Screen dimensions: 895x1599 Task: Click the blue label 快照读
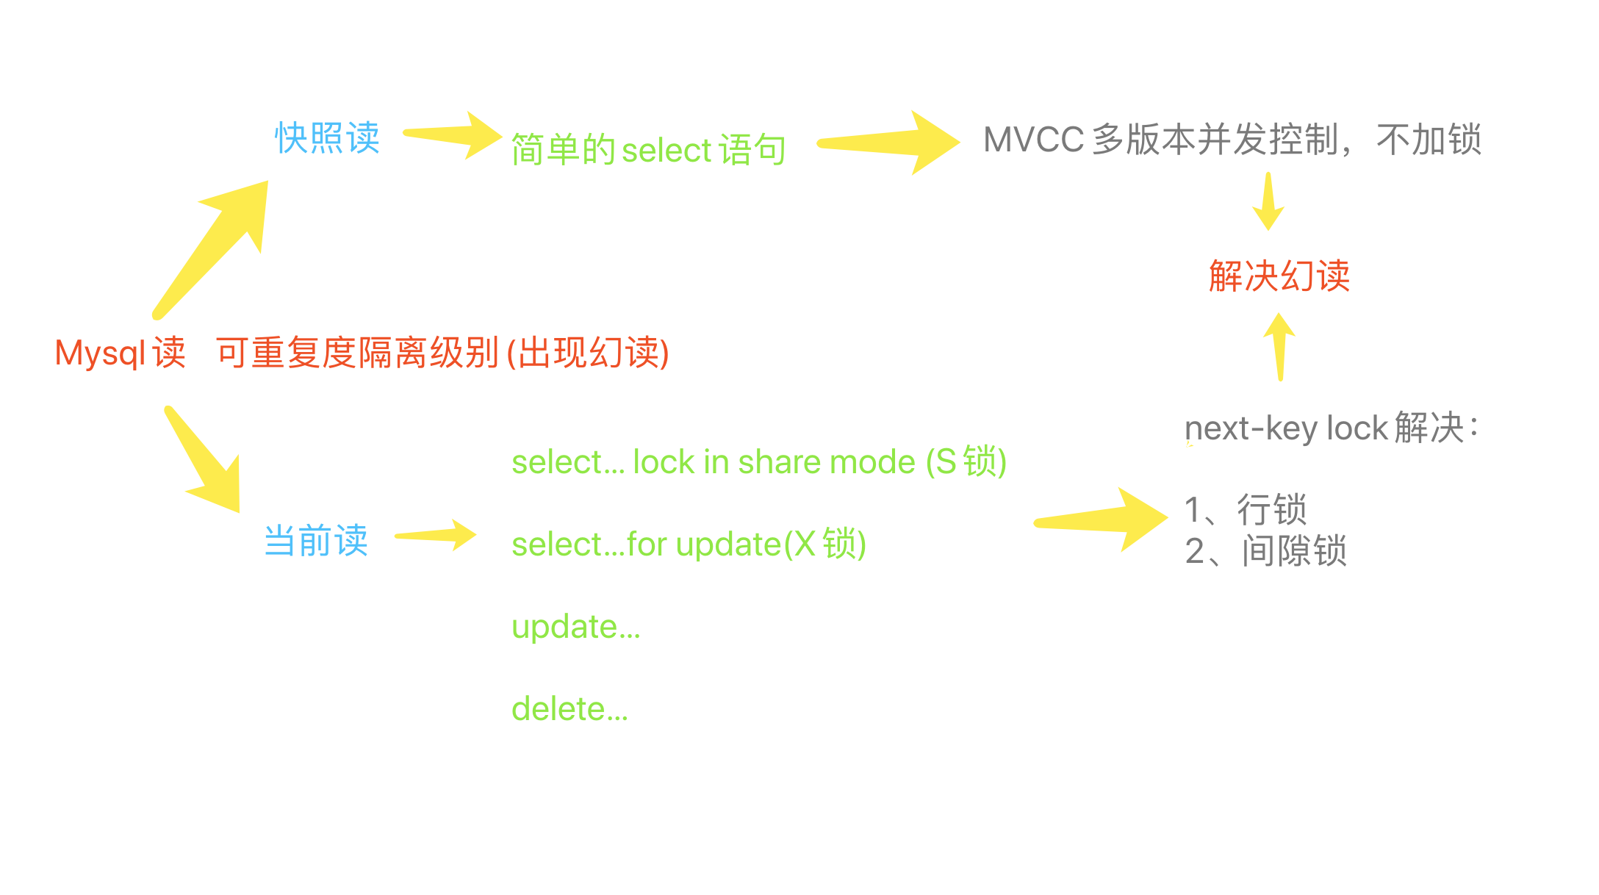click(327, 138)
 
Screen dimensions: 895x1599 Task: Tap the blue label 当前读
click(316, 541)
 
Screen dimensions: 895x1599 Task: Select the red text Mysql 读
click(120, 353)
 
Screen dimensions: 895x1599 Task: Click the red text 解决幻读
click(1279, 276)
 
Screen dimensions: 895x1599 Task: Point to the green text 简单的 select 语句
click(648, 150)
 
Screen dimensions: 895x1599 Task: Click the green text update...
click(575, 627)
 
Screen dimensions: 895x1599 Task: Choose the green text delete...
click(569, 709)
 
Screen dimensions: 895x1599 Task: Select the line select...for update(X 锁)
click(689, 544)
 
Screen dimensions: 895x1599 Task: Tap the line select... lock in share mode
click(758, 462)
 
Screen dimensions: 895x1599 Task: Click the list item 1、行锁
click(1246, 509)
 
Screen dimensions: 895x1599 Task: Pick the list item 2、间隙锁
click(1265, 551)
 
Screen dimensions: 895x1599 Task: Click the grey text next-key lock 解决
click(1330, 428)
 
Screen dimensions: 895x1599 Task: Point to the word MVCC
click(1033, 140)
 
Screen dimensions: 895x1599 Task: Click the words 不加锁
click(1429, 140)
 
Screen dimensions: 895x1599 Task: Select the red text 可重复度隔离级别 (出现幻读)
click(442, 353)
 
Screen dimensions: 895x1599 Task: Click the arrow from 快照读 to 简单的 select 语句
click(452, 135)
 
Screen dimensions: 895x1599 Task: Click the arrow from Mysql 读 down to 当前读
click(206, 463)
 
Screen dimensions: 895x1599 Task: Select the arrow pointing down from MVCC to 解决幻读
click(1268, 201)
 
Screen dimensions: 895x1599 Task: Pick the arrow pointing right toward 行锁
click(1102, 520)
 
